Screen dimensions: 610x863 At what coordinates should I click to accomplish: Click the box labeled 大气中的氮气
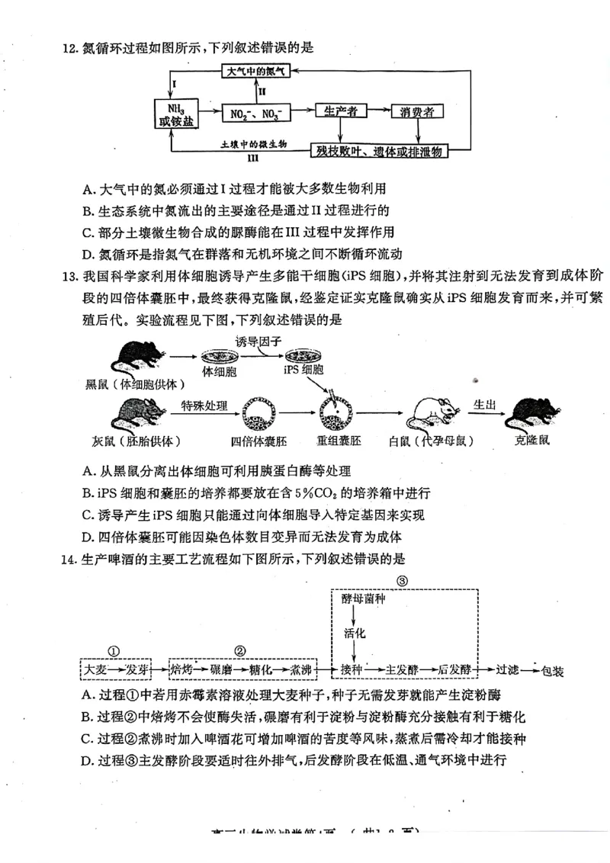click(x=255, y=72)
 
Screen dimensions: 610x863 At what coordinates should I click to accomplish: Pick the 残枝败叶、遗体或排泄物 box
click(x=379, y=152)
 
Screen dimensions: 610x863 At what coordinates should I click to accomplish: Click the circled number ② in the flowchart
click(x=241, y=650)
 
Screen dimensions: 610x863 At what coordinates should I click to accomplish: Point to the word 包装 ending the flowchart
click(x=553, y=671)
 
